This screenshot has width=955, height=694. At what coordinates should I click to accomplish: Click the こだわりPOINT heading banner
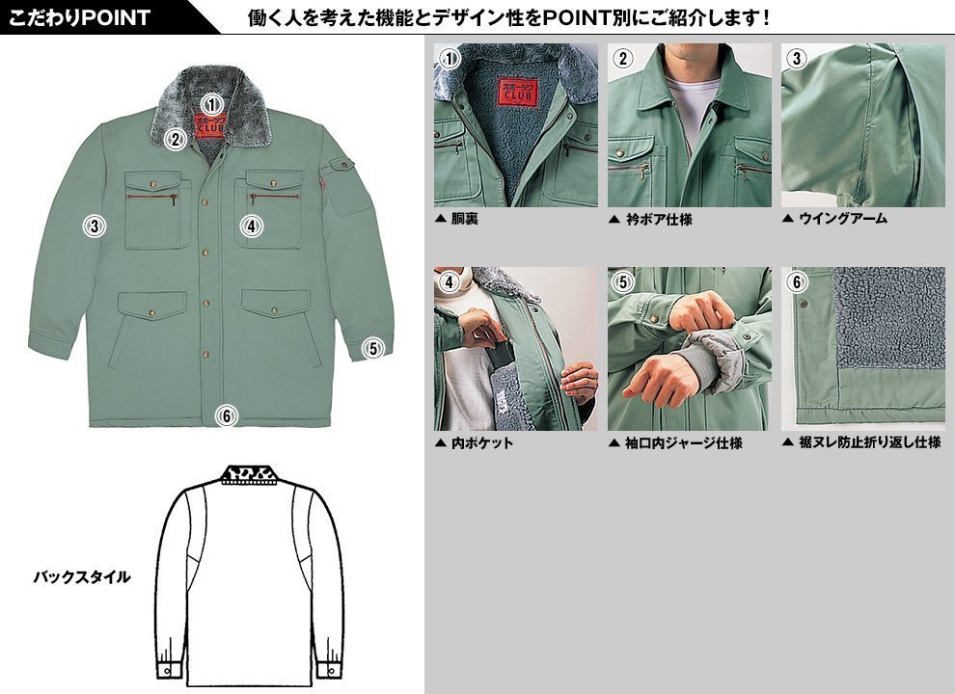(79, 17)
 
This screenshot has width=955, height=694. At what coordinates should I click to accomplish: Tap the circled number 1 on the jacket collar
(211, 105)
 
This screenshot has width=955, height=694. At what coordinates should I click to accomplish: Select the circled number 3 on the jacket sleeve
(94, 227)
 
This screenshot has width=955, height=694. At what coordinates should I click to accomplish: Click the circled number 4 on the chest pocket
(251, 227)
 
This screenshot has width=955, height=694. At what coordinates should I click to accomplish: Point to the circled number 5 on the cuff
(373, 348)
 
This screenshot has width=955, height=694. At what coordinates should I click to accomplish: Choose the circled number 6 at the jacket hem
(226, 416)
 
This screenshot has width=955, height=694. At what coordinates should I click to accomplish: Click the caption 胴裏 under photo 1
(464, 219)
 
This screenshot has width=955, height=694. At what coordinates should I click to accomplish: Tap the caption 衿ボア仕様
(659, 219)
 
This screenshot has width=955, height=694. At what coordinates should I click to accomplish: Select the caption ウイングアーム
(843, 219)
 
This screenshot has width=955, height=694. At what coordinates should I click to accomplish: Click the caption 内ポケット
(481, 442)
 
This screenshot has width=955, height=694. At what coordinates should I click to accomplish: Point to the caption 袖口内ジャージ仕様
(683, 442)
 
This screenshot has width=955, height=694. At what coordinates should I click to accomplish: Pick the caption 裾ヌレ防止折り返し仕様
(870, 442)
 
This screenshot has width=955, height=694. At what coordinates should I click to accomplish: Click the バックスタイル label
(82, 576)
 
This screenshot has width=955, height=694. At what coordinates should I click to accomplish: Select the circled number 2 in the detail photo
(622, 59)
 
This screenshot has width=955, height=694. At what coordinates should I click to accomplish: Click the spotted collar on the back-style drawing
(249, 474)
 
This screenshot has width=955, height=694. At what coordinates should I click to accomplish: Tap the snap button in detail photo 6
(803, 304)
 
